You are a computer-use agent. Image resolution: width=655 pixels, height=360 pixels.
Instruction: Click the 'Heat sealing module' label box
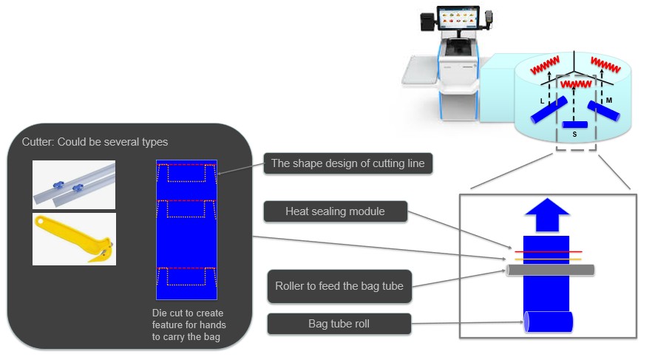335,211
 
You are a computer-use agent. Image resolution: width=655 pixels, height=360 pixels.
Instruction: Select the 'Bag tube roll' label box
339,324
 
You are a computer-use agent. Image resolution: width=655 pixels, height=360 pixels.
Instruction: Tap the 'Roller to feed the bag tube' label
339,286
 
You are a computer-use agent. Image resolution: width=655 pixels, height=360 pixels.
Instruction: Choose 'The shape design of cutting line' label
348,163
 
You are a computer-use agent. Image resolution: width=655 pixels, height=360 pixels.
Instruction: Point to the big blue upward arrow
547,214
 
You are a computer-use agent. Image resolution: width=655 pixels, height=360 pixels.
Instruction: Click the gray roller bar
550,270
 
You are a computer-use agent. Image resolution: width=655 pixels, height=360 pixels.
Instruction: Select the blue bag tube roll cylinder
548,322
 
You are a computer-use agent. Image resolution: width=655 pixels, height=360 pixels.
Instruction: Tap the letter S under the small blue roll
575,134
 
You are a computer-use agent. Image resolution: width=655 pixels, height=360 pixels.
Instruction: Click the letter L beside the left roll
542,101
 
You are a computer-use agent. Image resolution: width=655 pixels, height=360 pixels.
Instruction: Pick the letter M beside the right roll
609,101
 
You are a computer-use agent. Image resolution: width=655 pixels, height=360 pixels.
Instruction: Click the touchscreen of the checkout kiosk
458,18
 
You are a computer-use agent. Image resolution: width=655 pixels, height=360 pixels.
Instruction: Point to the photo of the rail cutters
74,185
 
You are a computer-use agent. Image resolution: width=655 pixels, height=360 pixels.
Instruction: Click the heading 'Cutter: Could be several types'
95,142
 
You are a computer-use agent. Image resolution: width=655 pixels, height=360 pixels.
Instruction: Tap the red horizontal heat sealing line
548,252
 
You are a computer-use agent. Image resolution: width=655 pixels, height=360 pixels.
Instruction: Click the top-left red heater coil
545,66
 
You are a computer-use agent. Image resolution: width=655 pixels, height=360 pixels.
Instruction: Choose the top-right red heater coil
605,65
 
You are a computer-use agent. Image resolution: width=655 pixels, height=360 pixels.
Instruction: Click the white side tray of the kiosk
420,70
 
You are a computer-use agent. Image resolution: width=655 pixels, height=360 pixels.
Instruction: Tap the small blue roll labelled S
575,124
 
